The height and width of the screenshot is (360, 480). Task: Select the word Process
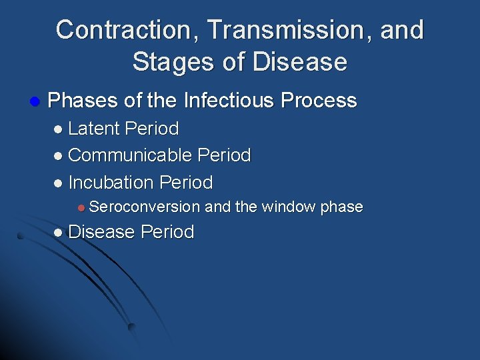(319, 101)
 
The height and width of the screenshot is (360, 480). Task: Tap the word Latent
(94, 128)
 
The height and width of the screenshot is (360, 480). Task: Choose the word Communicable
(131, 155)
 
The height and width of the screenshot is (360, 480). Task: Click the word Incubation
(112, 182)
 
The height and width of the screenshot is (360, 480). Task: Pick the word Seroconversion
(144, 207)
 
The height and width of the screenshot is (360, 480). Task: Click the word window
(289, 207)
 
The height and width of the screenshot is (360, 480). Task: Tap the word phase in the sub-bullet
(341, 207)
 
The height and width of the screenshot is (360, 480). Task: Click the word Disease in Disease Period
(101, 232)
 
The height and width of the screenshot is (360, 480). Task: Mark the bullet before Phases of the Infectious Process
(34, 101)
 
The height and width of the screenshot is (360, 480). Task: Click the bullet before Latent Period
(59, 129)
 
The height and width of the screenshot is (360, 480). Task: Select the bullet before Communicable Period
(59, 156)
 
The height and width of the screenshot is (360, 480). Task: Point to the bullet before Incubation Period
(59, 183)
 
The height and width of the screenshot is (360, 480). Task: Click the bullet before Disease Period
(59, 233)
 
